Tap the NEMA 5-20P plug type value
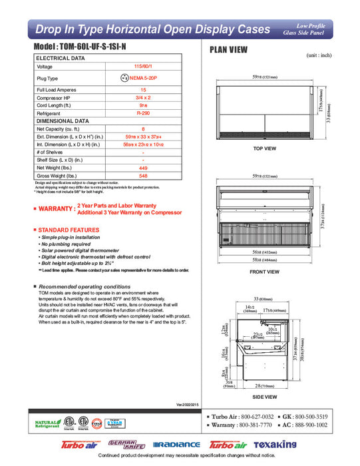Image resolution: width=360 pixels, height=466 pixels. pyautogui.click(x=147, y=78)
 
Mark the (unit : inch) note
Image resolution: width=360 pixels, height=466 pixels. pyautogui.click(x=319, y=55)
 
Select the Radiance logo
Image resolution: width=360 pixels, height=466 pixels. pyautogui.click(x=176, y=445)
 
